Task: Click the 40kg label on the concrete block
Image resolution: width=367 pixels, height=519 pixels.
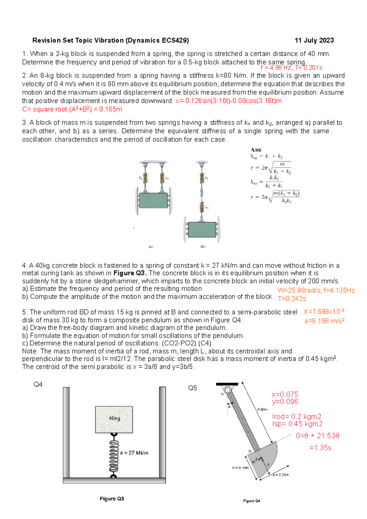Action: click(114, 418)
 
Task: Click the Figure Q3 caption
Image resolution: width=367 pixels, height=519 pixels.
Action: click(112, 498)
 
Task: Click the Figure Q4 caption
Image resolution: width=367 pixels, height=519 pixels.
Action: click(251, 501)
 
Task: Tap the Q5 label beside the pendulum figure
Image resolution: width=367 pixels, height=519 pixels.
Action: click(192, 388)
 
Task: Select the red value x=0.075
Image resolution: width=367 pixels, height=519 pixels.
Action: click(285, 394)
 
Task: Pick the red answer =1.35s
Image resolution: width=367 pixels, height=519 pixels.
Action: click(320, 448)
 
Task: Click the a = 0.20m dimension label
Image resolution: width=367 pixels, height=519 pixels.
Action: click(281, 475)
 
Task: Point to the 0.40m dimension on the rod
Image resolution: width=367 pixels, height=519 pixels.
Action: click(262, 409)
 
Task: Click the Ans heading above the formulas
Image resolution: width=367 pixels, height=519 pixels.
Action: click(256, 150)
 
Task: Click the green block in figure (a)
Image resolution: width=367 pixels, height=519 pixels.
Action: click(153, 200)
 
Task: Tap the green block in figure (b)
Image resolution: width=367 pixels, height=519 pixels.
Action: click(202, 230)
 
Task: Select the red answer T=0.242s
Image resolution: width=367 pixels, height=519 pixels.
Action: click(291, 299)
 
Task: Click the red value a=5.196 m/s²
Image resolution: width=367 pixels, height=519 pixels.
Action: click(324, 321)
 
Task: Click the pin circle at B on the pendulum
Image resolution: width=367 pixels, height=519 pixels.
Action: click(228, 390)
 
